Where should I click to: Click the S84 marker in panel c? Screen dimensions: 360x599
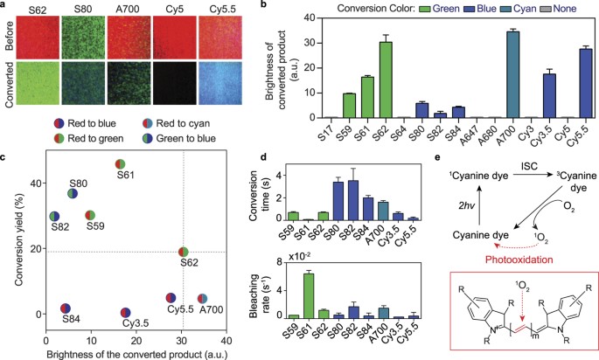[x=65, y=308]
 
